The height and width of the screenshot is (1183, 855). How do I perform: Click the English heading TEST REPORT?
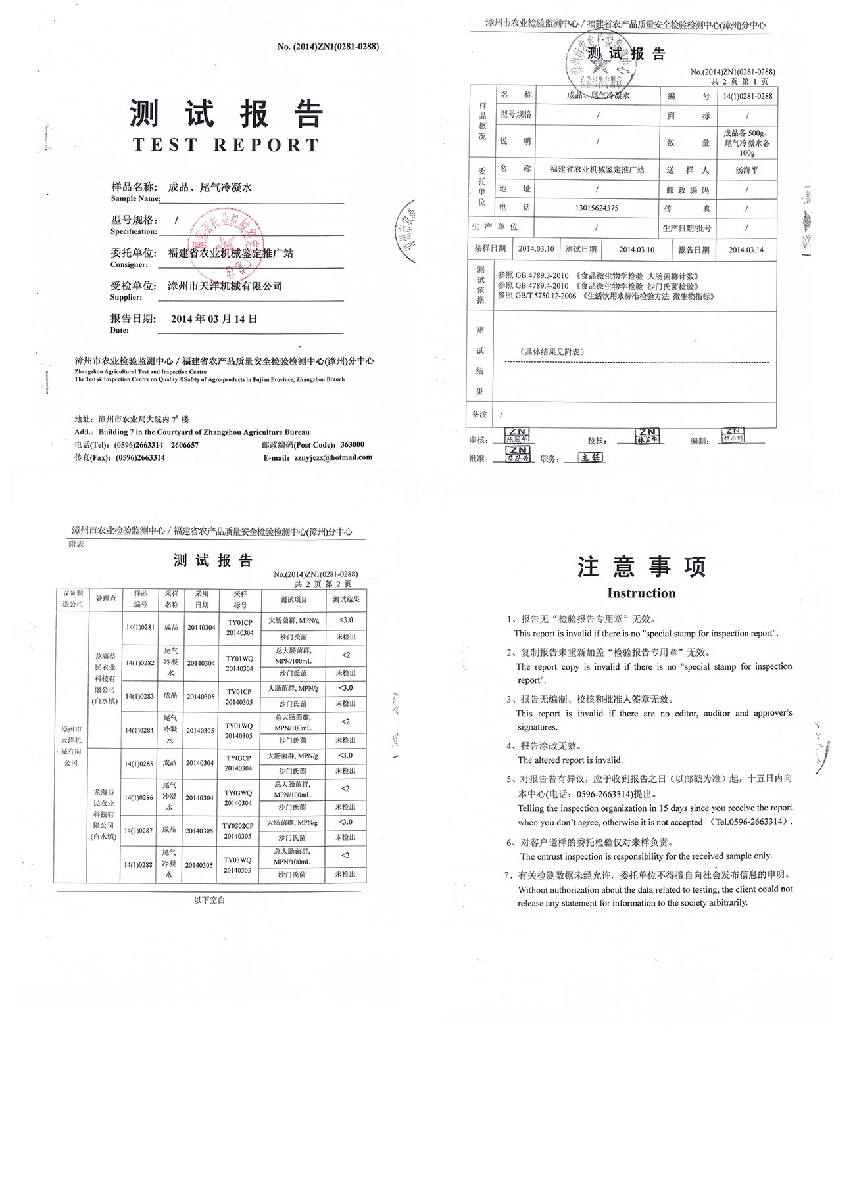[226, 145]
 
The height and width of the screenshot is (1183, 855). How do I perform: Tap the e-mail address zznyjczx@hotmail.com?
[333, 457]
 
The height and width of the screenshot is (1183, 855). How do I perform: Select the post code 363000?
[352, 445]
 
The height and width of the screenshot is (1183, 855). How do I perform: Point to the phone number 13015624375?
[597, 208]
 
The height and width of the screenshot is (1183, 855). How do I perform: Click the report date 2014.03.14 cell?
[746, 250]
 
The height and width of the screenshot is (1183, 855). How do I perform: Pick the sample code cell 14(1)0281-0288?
[748, 97]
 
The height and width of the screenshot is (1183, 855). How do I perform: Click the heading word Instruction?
[641, 593]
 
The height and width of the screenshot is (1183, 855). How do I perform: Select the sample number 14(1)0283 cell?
[139, 696]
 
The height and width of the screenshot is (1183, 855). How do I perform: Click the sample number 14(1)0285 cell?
[139, 764]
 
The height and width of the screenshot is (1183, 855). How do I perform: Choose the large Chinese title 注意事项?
[641, 567]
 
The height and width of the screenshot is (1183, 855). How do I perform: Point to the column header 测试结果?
[346, 599]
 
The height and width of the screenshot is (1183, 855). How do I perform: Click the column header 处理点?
[106, 599]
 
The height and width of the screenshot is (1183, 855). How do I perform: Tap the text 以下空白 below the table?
[209, 900]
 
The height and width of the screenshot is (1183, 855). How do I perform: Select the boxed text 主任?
[591, 457]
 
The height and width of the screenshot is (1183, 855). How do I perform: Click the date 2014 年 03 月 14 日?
[214, 319]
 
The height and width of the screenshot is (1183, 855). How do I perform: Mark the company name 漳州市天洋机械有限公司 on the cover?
[225, 287]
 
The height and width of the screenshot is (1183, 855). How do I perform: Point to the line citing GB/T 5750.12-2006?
[605, 296]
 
